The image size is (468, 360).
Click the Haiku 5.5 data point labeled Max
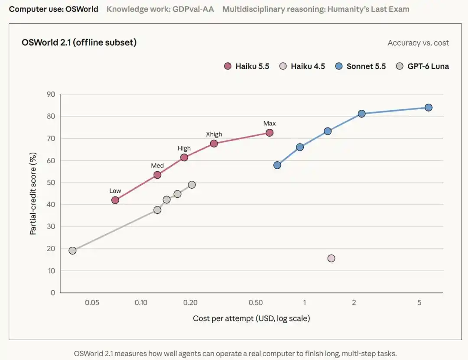click(x=269, y=133)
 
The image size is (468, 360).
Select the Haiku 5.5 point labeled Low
click(x=115, y=200)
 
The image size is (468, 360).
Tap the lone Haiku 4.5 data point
click(x=331, y=258)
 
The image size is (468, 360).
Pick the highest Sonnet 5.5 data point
click(x=428, y=108)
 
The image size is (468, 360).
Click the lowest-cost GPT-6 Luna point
click(x=72, y=250)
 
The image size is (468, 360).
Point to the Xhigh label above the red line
click(x=214, y=134)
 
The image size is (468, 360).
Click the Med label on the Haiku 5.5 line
click(x=157, y=166)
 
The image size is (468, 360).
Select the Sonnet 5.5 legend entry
click(x=360, y=66)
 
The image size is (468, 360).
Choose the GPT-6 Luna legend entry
click(x=422, y=66)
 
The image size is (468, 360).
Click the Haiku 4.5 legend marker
click(x=283, y=66)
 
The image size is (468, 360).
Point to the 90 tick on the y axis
click(x=51, y=95)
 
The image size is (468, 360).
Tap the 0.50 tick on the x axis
click(x=256, y=303)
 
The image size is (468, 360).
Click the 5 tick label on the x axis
click(x=419, y=303)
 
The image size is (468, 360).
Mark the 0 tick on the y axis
click(x=53, y=293)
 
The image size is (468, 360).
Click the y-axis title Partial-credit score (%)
click(x=33, y=193)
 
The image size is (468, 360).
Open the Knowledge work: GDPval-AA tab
click(x=160, y=9)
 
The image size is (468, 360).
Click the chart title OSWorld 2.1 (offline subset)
click(x=79, y=43)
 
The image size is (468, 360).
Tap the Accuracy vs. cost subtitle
click(x=418, y=43)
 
